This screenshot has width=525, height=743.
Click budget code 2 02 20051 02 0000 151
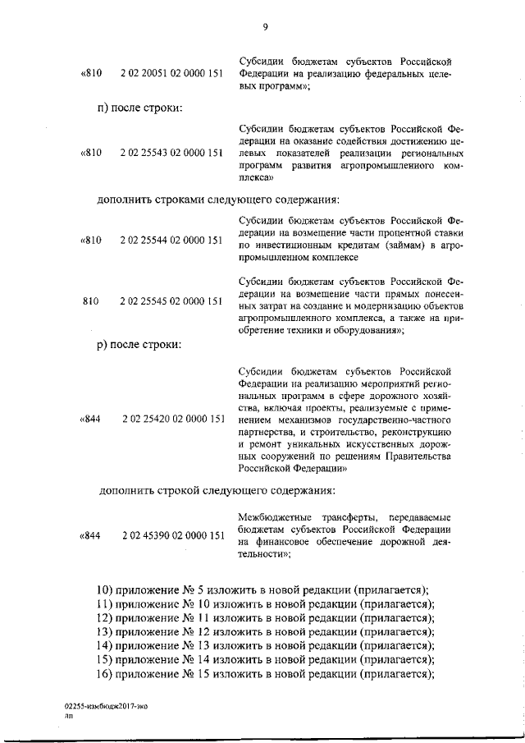pos(171,73)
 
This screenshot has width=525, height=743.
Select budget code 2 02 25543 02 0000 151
pos(171,153)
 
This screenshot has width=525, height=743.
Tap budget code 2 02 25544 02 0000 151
pos(171,241)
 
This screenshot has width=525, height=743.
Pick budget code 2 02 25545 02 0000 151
pos(171,301)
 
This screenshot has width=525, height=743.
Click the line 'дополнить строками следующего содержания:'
pos(218,199)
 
